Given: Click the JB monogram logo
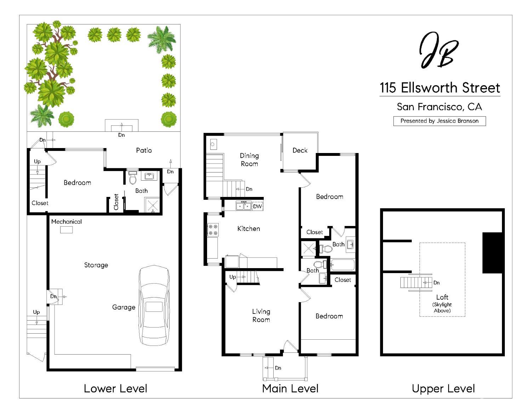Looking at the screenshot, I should (439, 50).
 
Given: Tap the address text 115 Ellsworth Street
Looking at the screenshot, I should (440, 88).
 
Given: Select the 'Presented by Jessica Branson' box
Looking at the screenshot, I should (439, 121).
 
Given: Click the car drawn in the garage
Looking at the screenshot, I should (154, 305).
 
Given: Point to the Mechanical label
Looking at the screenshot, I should (66, 222).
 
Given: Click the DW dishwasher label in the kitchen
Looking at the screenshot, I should (258, 206).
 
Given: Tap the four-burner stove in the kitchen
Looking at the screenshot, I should (213, 230).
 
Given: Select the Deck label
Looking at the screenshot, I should (300, 150).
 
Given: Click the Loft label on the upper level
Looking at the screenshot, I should (442, 297).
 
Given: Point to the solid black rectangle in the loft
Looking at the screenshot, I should (492, 253).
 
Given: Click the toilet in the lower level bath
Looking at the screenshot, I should (133, 178).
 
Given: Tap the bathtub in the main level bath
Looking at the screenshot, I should (342, 265).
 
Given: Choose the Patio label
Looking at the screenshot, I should (144, 150).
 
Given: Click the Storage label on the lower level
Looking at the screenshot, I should (96, 265).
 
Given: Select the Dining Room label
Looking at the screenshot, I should (249, 159).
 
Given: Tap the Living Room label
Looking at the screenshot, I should (261, 315).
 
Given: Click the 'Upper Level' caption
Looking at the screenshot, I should (443, 389).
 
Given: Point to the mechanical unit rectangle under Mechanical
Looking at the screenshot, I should (66, 230).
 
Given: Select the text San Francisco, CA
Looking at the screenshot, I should (439, 107).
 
